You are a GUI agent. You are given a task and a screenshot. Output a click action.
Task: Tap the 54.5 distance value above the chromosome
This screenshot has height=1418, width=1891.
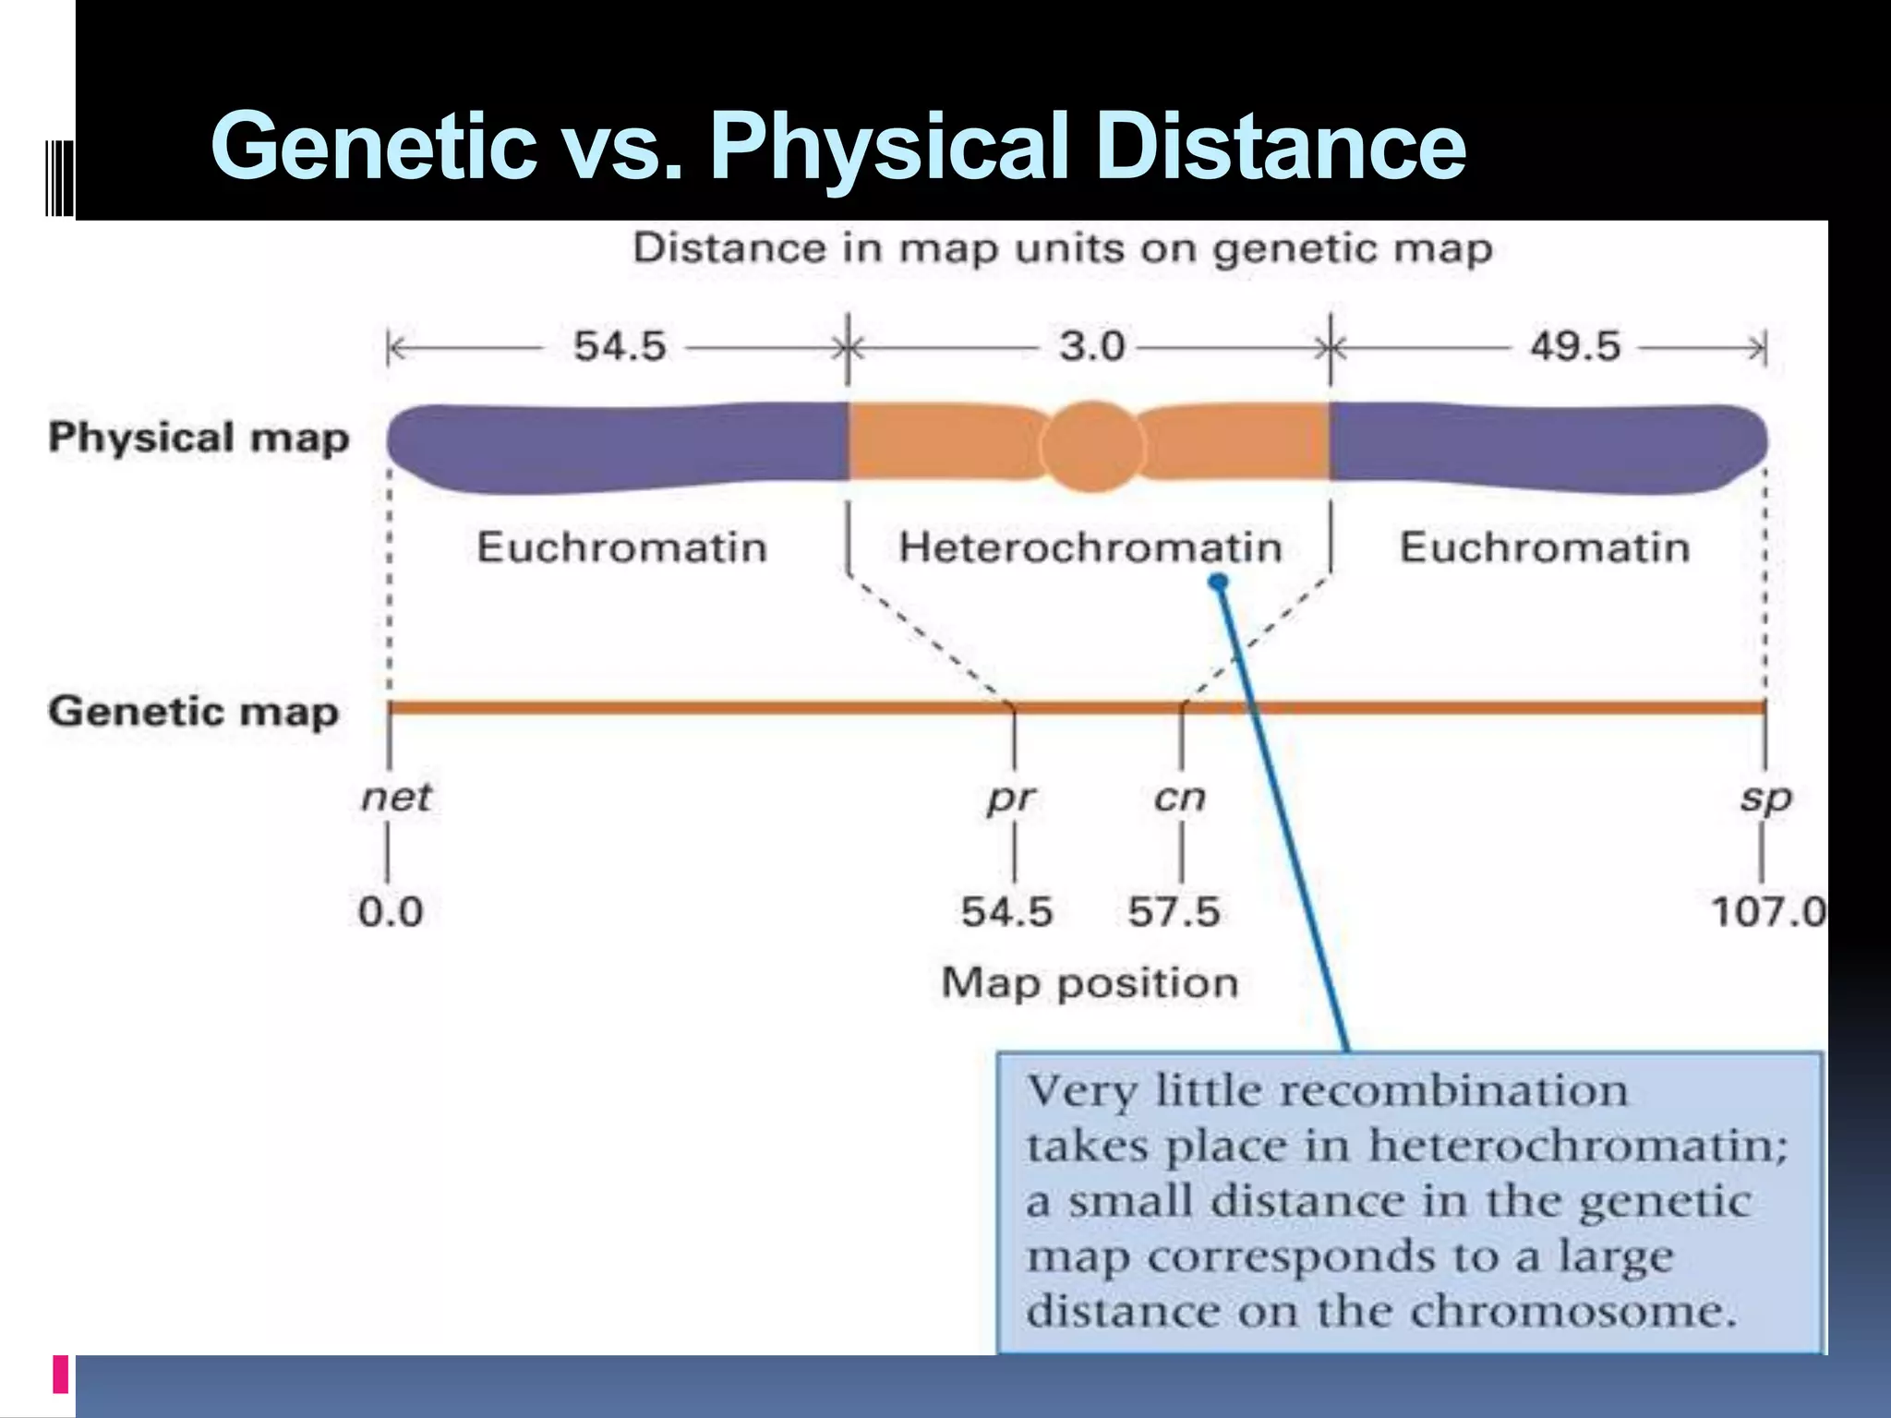point(620,347)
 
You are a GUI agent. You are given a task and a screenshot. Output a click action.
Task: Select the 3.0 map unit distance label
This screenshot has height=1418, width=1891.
point(1091,347)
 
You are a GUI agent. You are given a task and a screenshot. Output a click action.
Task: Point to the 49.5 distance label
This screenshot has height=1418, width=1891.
point(1575,347)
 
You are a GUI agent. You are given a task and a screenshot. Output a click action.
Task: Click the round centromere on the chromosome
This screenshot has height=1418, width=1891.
point(1091,447)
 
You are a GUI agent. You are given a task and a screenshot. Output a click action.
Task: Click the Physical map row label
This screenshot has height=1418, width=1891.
point(199,438)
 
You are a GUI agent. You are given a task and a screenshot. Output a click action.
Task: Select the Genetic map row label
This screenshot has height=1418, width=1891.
point(194,712)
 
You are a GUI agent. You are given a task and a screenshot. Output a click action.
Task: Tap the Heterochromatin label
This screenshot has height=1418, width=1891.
point(1090,547)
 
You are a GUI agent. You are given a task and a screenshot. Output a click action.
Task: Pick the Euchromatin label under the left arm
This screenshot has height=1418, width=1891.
point(621,547)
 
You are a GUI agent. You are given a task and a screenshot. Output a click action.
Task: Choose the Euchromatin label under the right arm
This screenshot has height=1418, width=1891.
point(1545,547)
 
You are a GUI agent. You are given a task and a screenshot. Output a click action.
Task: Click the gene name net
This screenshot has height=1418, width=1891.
point(395,797)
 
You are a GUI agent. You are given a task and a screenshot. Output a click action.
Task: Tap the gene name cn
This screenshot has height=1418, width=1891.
point(1179,798)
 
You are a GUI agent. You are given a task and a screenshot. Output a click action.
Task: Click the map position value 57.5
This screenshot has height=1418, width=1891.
point(1174,912)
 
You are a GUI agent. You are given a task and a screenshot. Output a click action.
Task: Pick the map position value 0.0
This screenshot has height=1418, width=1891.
point(391,912)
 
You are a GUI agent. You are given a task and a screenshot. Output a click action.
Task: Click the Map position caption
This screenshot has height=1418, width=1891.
point(1090,983)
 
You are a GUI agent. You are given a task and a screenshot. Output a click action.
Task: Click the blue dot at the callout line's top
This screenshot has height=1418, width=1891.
point(1219,582)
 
